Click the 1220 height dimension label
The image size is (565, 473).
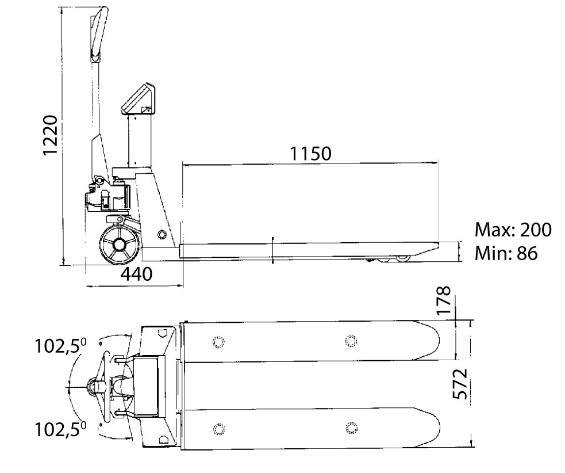(x=50, y=135)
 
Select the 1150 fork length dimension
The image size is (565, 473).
(x=310, y=154)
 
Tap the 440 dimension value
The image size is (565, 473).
(x=136, y=274)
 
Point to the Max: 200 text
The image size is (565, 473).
(x=513, y=230)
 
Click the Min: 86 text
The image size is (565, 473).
(x=506, y=253)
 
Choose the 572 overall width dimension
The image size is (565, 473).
(x=460, y=384)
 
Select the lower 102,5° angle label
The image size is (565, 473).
(x=60, y=429)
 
